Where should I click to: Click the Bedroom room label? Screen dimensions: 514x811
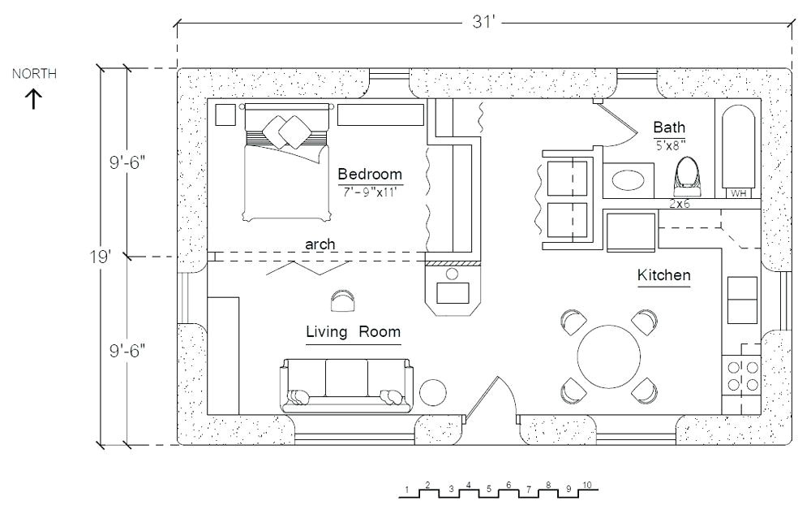370,174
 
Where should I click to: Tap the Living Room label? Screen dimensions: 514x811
353,332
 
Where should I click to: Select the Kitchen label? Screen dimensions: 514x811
663,275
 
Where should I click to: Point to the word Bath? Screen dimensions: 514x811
669,127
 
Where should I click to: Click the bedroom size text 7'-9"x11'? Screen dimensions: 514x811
370,191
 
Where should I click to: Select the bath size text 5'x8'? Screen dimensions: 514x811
670,145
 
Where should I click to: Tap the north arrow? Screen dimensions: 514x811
33,98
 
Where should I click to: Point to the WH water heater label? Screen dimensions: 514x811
738,193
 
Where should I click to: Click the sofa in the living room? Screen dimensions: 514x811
346,385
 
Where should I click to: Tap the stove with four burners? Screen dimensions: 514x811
742,377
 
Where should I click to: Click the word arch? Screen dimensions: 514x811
320,244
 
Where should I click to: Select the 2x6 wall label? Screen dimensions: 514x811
680,205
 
